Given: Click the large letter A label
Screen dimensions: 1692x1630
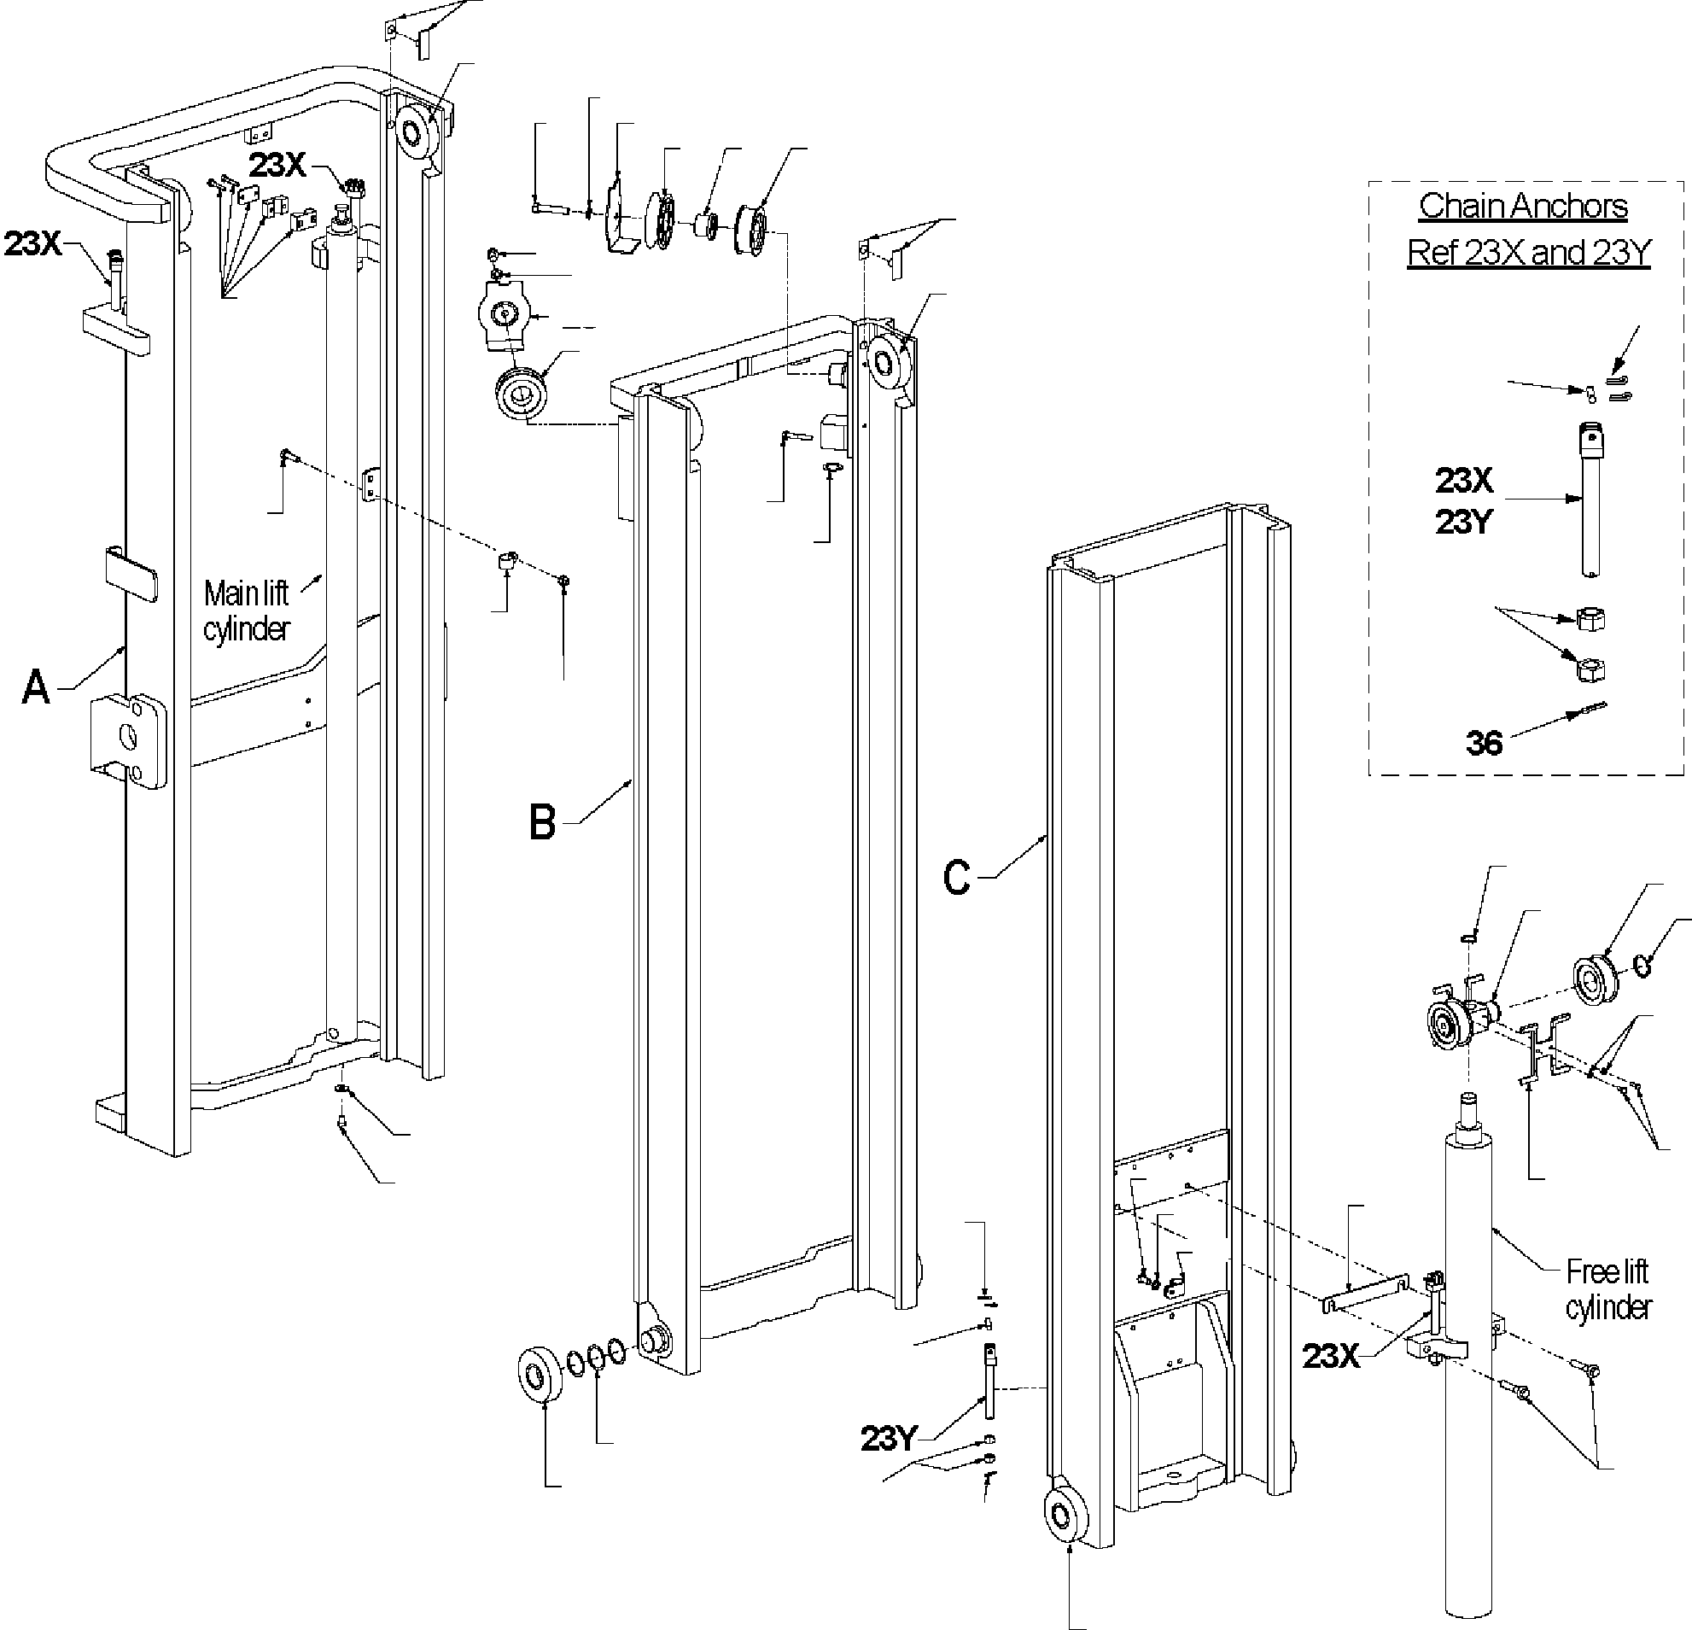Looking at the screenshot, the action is pos(35,688).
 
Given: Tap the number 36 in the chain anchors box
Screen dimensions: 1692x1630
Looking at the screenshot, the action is pos(1484,744).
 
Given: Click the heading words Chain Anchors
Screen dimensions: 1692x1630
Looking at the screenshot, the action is pos(1524,206).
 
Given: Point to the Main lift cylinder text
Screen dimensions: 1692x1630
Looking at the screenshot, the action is pos(246,611).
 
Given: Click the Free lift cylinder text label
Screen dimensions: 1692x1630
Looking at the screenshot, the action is pos(1608,1290).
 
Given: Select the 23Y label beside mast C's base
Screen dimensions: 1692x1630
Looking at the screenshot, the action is pos(889,1439).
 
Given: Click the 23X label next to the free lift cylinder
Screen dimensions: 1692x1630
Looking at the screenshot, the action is pos(1331,1357).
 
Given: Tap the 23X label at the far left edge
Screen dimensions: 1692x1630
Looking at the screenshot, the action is pos(32,244).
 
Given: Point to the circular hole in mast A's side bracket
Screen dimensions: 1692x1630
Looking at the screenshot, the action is pos(129,735).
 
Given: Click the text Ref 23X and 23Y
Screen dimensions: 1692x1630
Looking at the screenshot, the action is pos(1529,253).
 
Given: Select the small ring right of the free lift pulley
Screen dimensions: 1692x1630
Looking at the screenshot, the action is pos(1642,965).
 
